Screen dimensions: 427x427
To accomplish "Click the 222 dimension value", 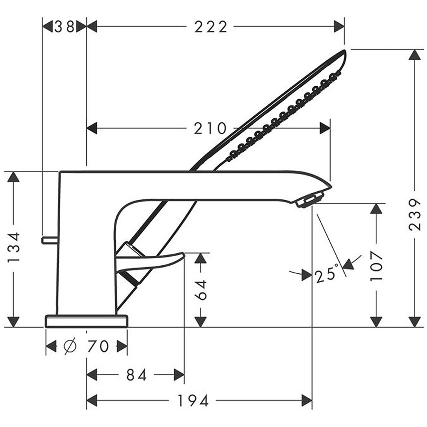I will (211, 27).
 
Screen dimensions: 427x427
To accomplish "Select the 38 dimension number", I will (65, 27).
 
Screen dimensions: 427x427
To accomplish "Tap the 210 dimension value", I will (210, 128).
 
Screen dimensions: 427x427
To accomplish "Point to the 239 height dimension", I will (415, 214).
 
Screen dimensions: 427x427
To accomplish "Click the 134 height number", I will (14, 248).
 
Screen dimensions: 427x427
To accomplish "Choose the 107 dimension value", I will (377, 266).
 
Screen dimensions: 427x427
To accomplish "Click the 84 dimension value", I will (137, 375).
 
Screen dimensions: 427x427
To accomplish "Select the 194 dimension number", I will (193, 401).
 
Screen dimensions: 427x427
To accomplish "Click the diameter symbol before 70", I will (69, 347).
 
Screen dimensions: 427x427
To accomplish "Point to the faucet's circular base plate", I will (86, 321).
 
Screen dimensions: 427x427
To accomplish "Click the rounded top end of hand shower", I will (343, 55).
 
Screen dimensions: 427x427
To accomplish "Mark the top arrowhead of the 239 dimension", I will (415, 55).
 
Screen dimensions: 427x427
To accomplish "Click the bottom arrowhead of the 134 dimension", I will (14, 321).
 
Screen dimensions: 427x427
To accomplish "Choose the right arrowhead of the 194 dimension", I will (306, 401).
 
